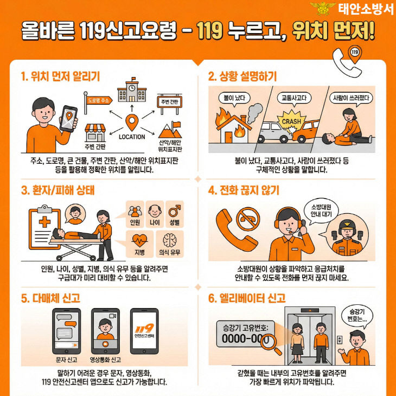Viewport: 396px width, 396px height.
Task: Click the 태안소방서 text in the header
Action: pos(364,9)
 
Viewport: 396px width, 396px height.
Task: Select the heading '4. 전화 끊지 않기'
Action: pos(244,190)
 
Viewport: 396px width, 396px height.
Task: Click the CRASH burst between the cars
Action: pos(291,122)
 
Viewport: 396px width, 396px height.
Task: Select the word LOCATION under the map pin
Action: pos(131,137)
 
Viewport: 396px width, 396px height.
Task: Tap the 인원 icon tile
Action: pos(135,212)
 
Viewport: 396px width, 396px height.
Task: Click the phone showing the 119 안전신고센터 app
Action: pos(144,330)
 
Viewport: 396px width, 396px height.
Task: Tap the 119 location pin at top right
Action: pos(354,53)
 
